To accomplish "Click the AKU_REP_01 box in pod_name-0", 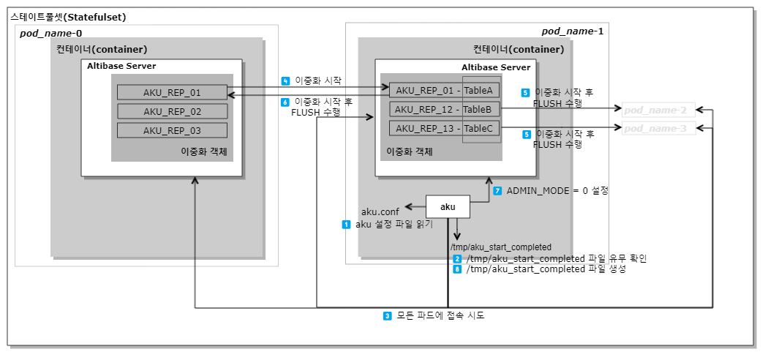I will pos(172,93).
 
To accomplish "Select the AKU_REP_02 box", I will pos(172,112).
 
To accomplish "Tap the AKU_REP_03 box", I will pos(172,130).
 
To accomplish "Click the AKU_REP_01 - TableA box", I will pos(445,91).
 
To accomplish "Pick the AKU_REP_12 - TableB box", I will pos(445,109).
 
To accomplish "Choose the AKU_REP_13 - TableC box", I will pos(445,128).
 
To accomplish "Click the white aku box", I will pos(448,207).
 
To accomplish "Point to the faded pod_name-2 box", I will pos(655,110).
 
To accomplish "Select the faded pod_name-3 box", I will pos(655,128).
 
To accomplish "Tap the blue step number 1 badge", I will pos(347,225).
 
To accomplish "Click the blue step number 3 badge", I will pos(388,316).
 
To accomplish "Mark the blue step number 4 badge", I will pos(285,80).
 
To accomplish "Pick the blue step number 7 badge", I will pos(497,190).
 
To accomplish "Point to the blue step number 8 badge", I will pos(457,269).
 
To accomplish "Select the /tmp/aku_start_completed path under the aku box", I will pos(501,247).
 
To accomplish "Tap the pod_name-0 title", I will pos(50,33).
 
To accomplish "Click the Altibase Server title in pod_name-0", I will pos(121,67).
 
